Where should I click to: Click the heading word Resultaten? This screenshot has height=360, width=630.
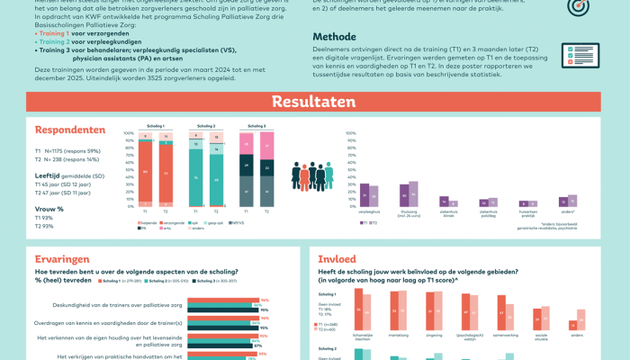(314, 102)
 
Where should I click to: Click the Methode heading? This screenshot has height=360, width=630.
(334, 37)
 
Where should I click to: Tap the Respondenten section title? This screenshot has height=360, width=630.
(70, 130)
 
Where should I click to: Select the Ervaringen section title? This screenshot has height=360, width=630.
(62, 258)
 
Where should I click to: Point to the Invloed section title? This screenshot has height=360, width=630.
(337, 258)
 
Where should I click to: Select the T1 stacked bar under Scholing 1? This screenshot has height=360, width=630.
(145, 171)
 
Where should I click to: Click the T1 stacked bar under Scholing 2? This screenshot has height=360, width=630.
(195, 171)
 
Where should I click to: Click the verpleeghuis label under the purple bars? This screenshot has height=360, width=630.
(369, 213)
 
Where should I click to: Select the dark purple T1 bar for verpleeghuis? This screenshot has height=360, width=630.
(364, 195)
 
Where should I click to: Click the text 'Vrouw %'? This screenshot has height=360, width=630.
(49, 209)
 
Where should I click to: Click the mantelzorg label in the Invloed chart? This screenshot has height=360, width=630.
(398, 335)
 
